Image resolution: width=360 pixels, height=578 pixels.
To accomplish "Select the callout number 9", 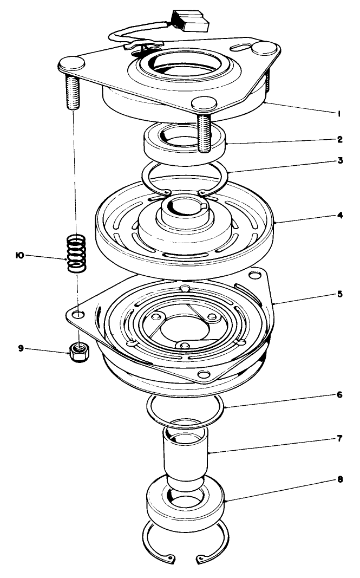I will click(x=21, y=349).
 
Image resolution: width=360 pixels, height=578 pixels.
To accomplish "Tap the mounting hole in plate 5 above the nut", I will click(x=79, y=314).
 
